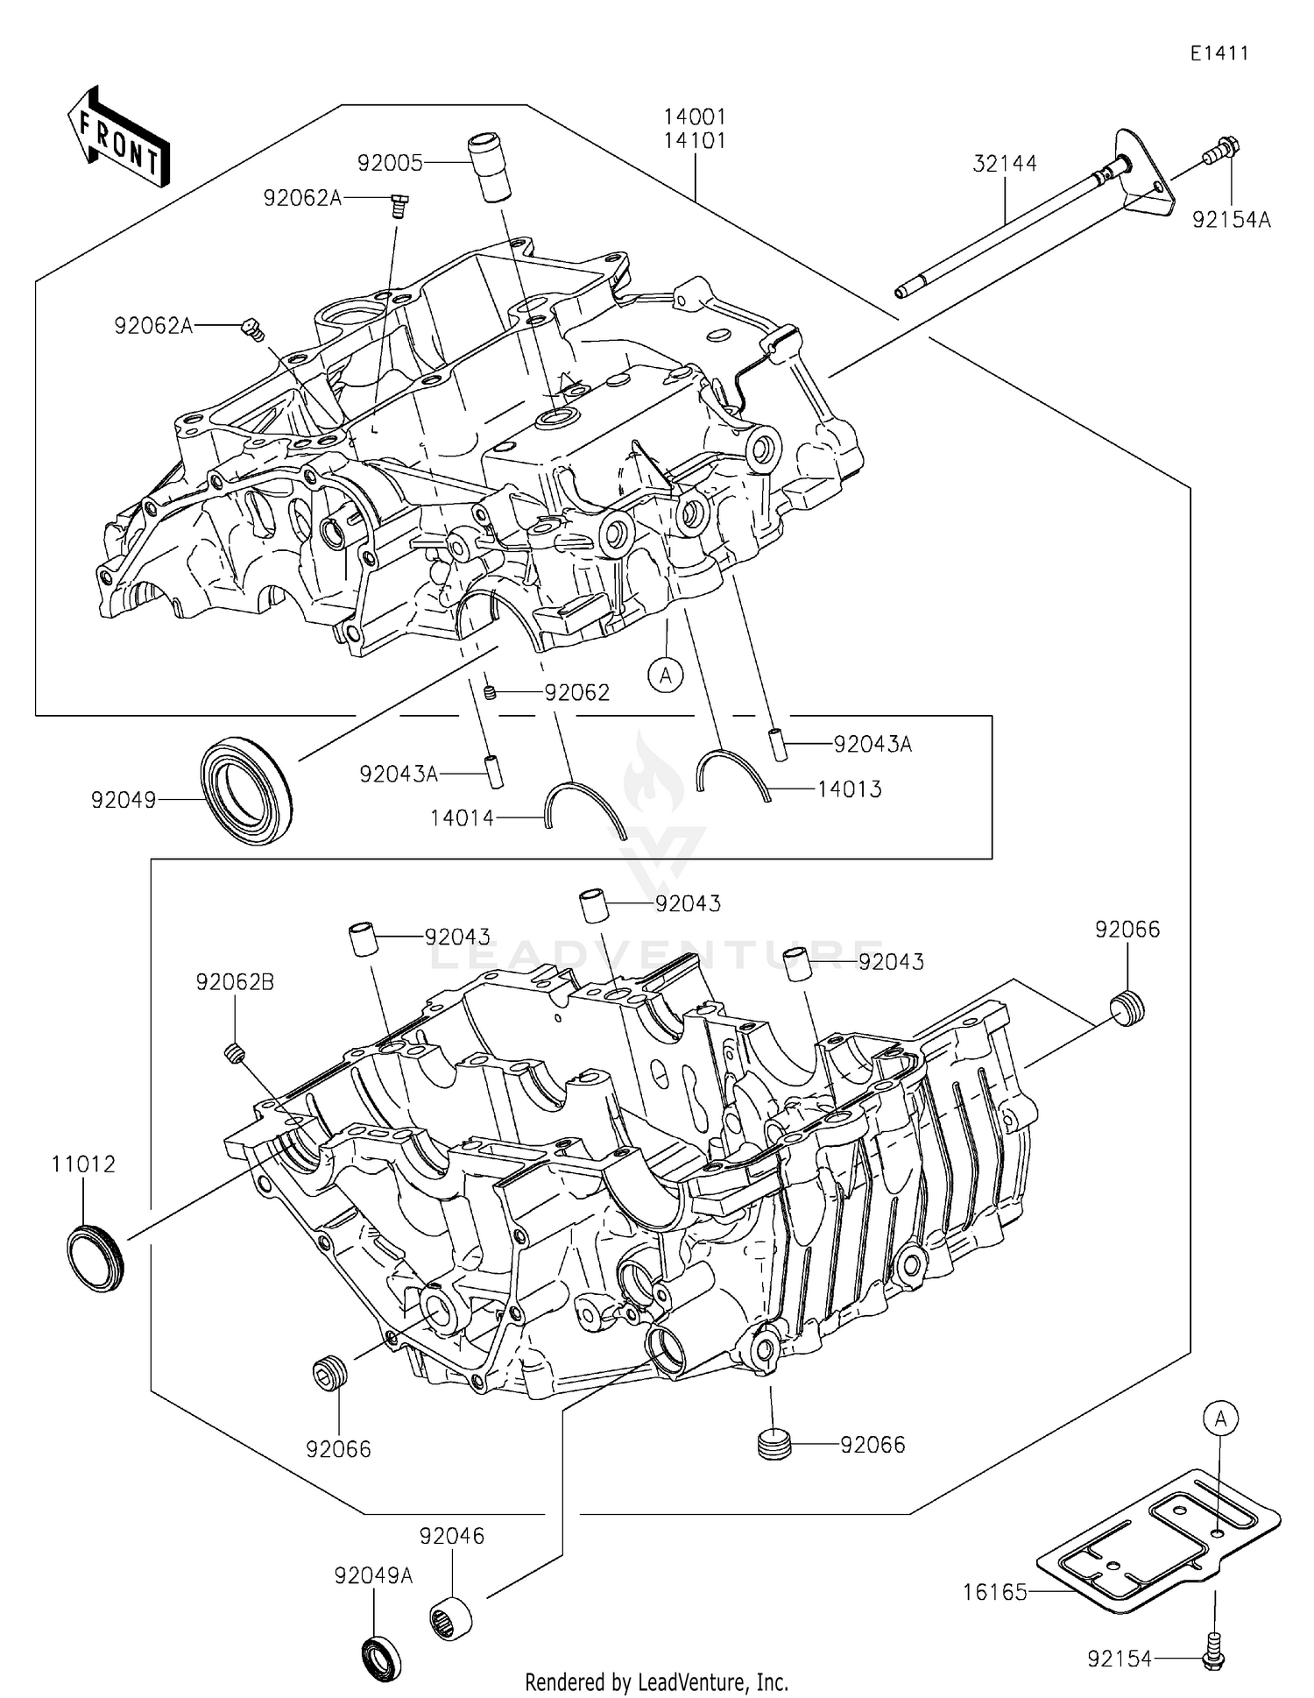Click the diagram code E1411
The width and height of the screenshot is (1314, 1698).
[1219, 53]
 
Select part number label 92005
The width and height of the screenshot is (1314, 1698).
[390, 163]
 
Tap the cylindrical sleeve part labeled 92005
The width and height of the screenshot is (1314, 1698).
[490, 166]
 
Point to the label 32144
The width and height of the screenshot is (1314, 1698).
[1005, 164]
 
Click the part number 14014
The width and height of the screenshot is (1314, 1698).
[462, 818]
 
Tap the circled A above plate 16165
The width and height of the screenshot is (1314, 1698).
[1220, 1417]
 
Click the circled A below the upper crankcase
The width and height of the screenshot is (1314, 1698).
[666, 675]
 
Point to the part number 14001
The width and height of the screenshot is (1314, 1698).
[695, 117]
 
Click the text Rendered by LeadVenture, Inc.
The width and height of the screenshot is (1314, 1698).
[656, 1681]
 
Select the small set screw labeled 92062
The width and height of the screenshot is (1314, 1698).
[491, 692]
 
